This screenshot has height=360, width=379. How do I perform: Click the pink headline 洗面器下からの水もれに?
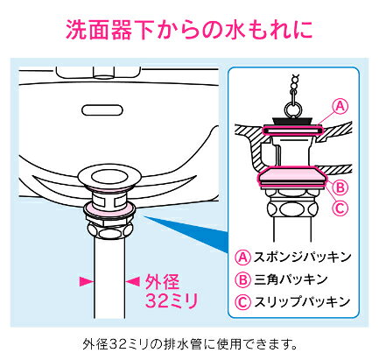[189, 29]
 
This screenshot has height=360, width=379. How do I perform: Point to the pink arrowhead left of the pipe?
[85, 280]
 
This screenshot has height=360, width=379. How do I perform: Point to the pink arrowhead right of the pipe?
[135, 280]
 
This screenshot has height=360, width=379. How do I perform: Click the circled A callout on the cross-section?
[341, 107]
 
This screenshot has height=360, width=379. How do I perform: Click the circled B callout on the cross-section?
[342, 187]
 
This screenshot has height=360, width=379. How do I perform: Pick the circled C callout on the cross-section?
[342, 208]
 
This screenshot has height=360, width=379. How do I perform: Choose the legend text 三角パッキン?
[293, 279]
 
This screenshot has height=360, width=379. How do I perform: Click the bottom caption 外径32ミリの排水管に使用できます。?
[189, 342]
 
